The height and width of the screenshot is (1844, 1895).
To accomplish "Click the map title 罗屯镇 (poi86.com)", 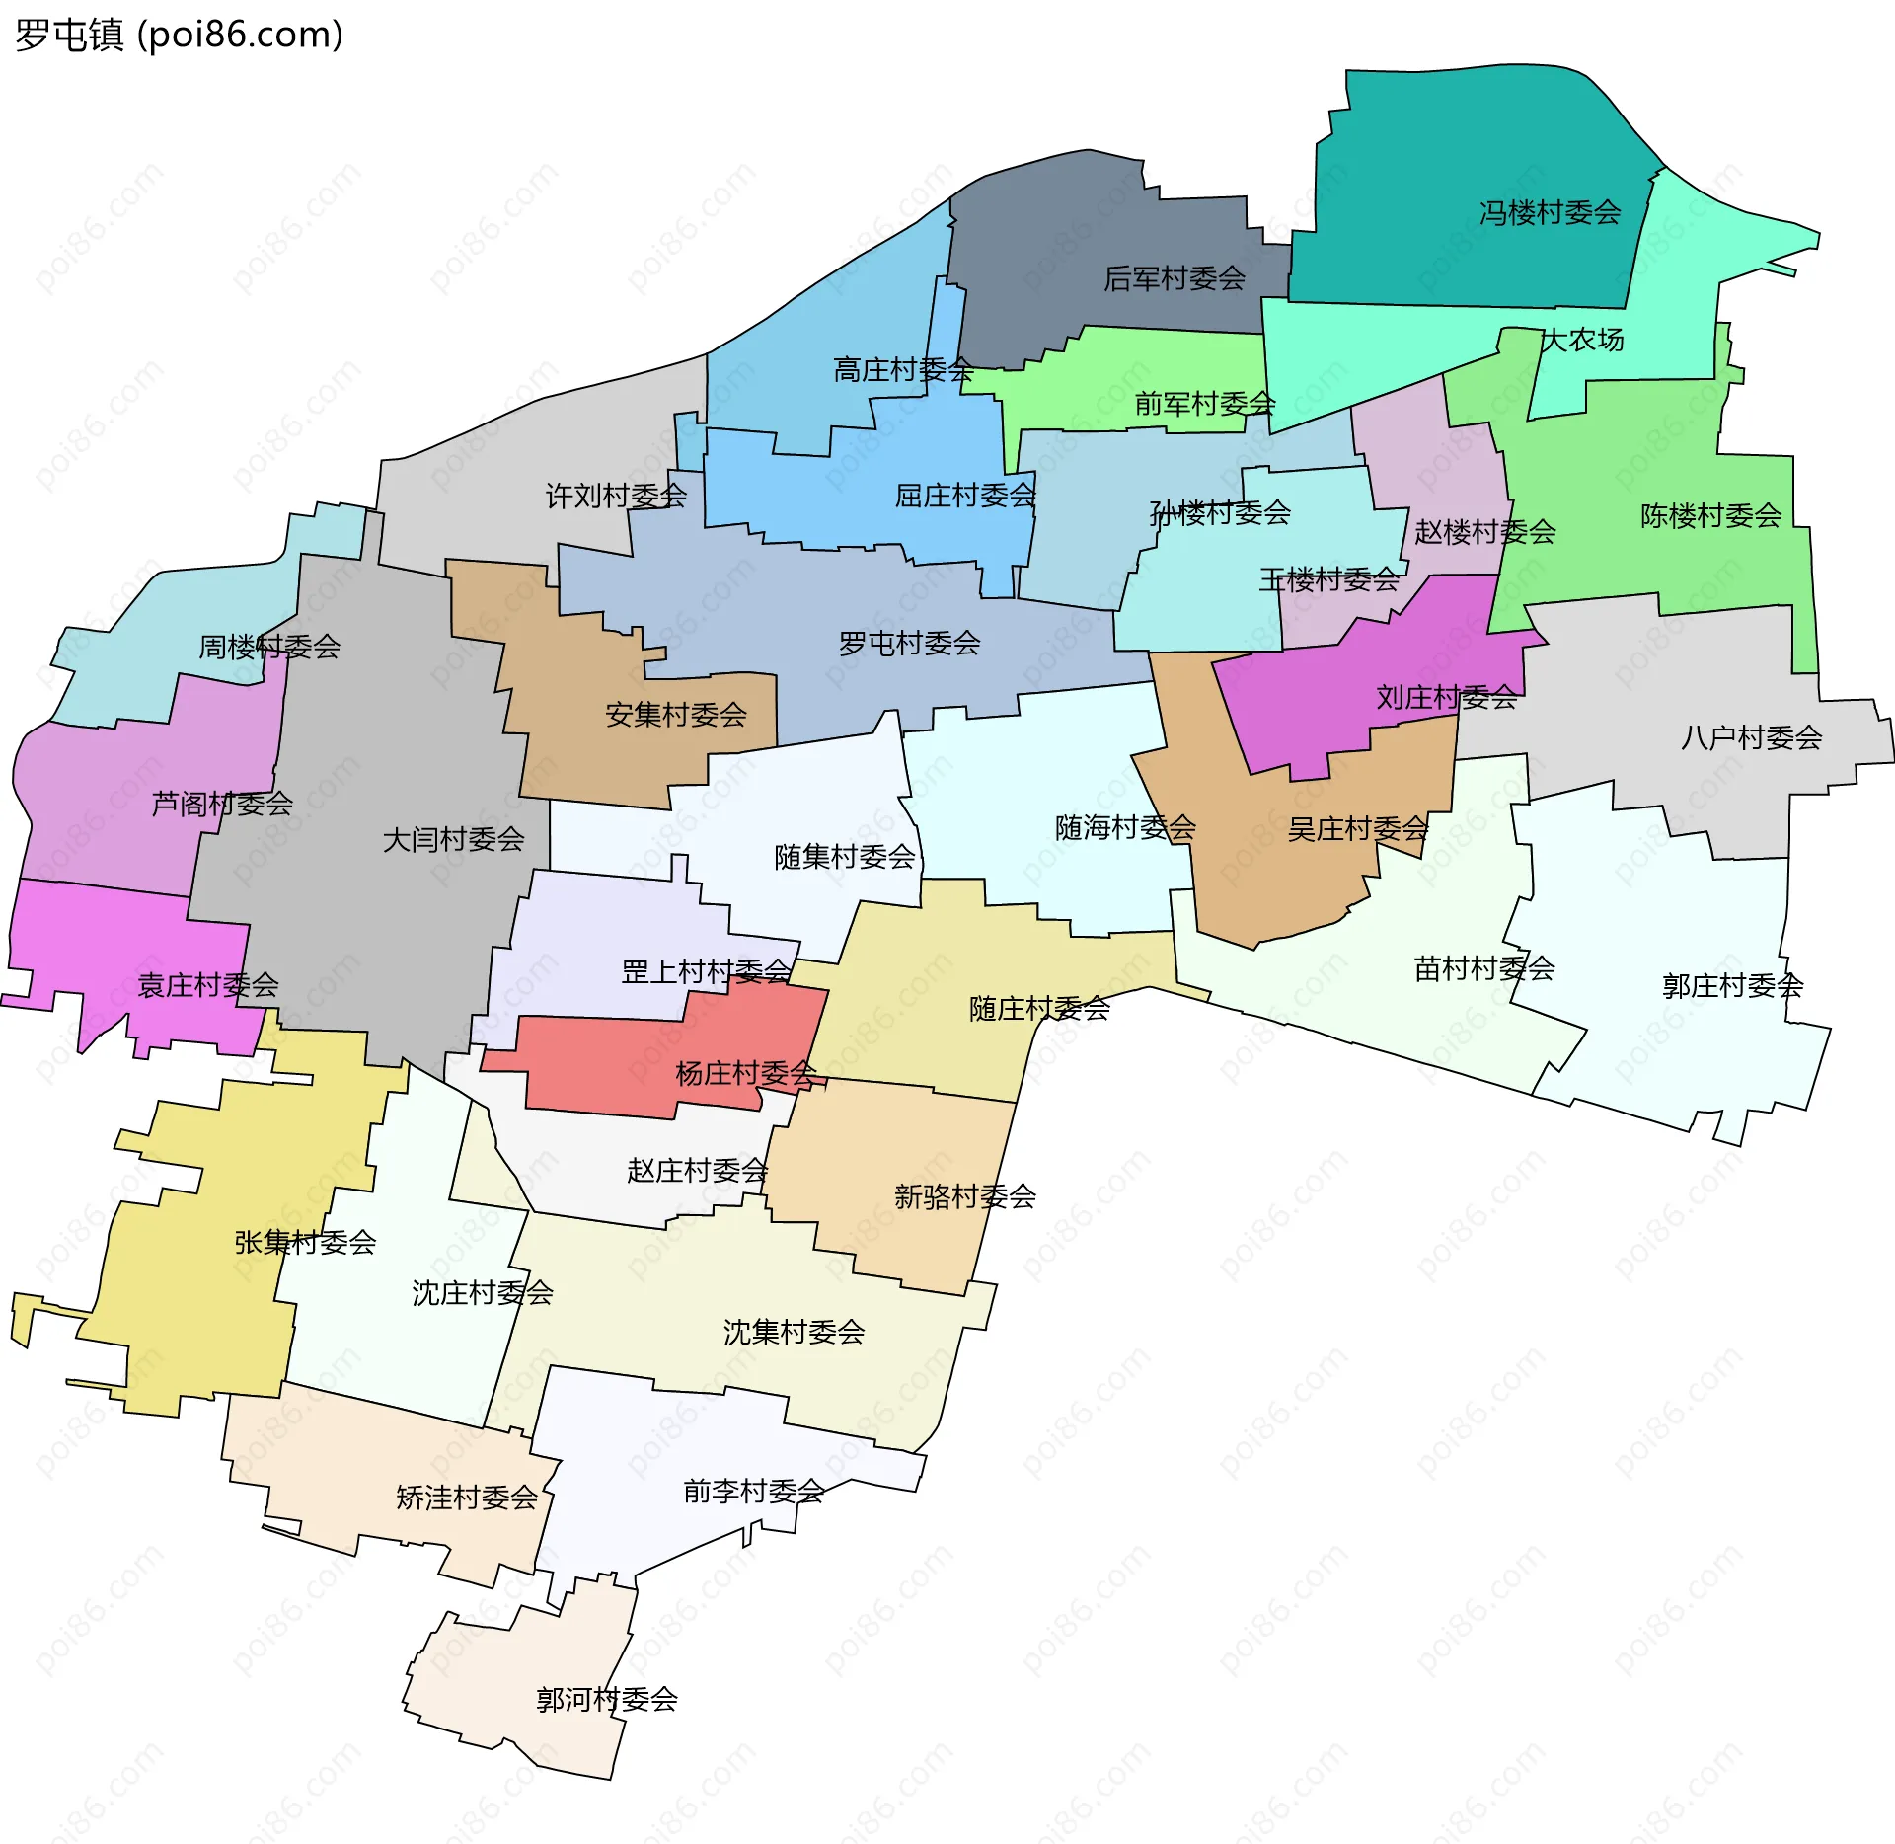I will (179, 36).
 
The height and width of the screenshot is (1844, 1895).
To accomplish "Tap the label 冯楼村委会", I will (1550, 212).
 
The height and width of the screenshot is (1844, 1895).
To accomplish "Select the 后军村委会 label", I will (1175, 278).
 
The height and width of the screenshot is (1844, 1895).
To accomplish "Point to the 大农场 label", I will (1582, 340).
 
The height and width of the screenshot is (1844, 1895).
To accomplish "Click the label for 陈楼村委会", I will (1710, 515).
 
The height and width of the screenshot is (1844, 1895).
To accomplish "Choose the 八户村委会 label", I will (1751, 737).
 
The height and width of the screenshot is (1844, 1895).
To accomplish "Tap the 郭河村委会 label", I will (607, 1699).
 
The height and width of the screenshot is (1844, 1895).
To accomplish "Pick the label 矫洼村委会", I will (467, 1498).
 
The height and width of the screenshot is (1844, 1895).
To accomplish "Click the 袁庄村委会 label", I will (208, 984).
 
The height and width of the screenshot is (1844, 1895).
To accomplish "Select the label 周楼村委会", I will (269, 647).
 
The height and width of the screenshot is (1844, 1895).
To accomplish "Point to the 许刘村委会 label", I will (616, 496).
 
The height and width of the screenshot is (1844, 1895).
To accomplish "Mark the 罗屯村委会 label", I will (909, 644).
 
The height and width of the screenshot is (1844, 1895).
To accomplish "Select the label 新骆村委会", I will (964, 1196).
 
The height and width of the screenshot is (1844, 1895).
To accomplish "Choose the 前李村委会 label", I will (753, 1491).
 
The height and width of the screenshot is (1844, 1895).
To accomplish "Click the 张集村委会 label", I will (305, 1242).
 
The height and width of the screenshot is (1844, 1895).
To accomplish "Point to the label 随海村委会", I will (1125, 827).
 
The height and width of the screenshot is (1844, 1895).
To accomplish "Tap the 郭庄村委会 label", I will (1732, 985).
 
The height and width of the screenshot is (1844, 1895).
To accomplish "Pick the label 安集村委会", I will (676, 715).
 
